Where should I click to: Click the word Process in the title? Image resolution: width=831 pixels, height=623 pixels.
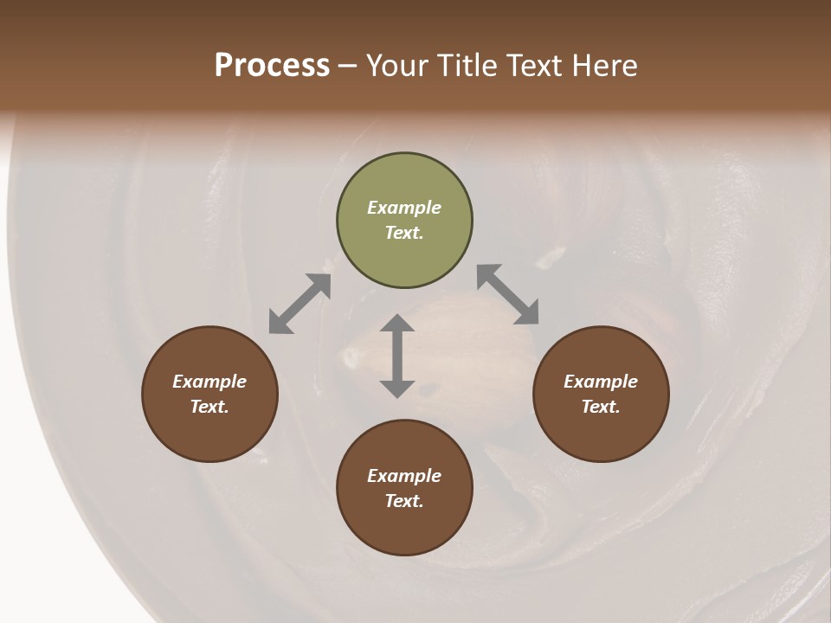[272, 66]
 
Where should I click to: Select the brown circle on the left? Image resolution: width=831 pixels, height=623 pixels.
[209, 394]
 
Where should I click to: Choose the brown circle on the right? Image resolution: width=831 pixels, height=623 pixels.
[601, 394]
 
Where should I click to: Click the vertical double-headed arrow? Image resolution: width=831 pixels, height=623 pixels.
[397, 356]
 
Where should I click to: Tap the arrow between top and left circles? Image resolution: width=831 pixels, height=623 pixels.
[300, 304]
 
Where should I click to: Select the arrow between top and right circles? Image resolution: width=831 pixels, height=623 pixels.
[507, 294]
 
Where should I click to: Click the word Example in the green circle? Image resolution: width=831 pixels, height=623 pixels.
[404, 208]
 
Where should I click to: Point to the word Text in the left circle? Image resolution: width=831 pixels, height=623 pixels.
[209, 407]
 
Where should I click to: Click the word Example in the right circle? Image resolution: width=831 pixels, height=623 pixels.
[601, 382]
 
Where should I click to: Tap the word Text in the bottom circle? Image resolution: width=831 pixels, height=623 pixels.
[404, 501]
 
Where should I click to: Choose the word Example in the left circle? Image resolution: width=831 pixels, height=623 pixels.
[209, 382]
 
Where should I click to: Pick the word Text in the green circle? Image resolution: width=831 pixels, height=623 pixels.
[404, 233]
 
